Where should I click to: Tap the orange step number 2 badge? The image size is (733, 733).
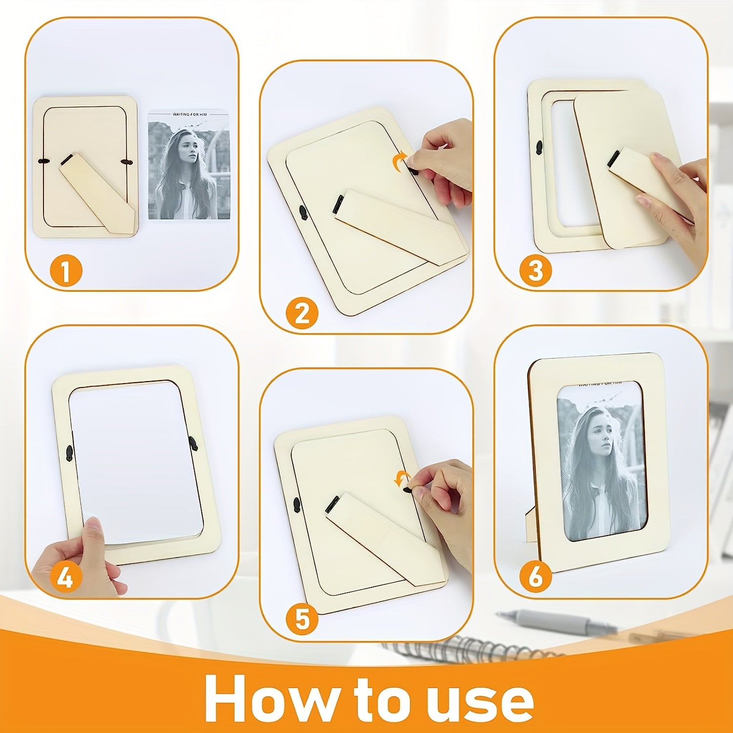pyautogui.click(x=302, y=313)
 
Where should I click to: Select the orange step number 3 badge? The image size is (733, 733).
pyautogui.click(x=535, y=270)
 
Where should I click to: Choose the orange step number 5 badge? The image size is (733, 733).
pyautogui.click(x=302, y=620)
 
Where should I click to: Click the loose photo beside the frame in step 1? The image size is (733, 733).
pyautogui.click(x=189, y=164)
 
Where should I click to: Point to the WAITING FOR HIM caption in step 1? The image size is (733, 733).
pyautogui.click(x=189, y=114)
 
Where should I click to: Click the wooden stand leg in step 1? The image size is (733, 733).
pyautogui.click(x=96, y=194)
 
